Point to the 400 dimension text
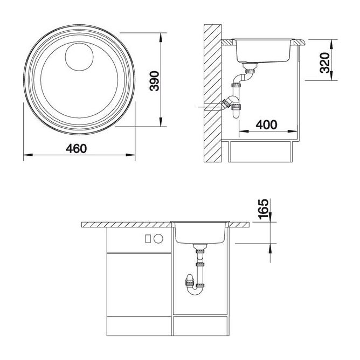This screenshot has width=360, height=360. pos(266,124)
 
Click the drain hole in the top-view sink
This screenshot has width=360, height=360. pos(79,57)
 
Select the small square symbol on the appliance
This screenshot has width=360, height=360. pos(149,238)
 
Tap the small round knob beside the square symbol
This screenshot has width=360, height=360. pos(159,238)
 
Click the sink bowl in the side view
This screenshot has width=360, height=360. pos(264,51)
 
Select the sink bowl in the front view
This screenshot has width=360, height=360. pos(201,233)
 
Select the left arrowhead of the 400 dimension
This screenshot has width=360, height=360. pos(239,131)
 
